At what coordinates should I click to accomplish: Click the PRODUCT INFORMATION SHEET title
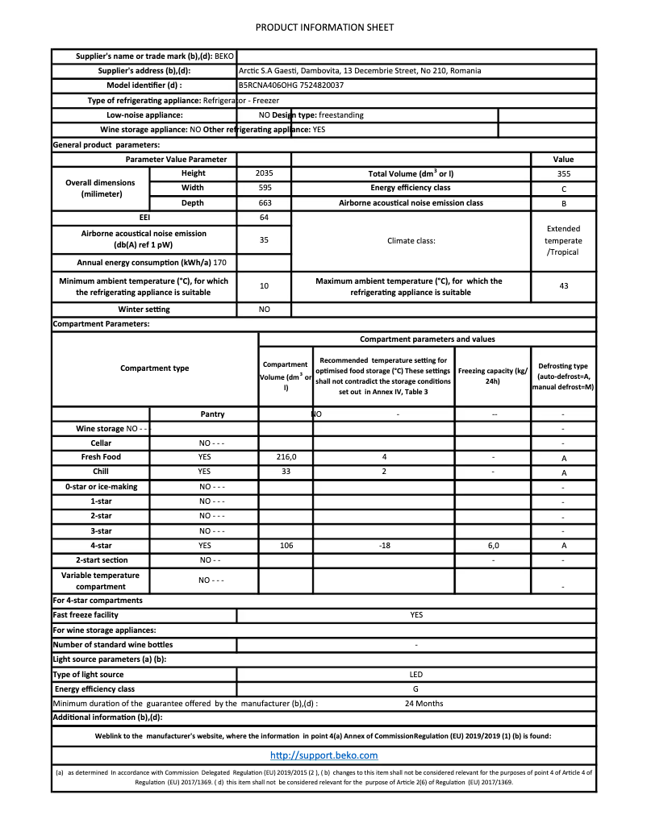324,27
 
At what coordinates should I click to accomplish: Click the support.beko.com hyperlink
323,755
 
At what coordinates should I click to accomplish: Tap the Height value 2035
264,173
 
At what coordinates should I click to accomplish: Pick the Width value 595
264,188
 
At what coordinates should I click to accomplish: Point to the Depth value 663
264,203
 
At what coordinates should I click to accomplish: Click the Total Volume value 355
563,173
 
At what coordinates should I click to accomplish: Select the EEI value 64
264,218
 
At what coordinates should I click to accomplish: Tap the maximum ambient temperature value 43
563,286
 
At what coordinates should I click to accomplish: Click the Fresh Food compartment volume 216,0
286,457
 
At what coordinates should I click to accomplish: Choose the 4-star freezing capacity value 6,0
493,546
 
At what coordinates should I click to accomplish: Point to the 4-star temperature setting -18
384,546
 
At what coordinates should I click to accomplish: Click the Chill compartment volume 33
286,472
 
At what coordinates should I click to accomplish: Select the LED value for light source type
415,674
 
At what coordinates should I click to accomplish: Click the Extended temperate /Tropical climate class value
563,240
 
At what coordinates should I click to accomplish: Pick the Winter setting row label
144,310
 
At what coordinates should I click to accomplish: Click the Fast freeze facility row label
85,615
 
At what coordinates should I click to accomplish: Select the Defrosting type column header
563,376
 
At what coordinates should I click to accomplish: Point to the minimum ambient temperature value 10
264,286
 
